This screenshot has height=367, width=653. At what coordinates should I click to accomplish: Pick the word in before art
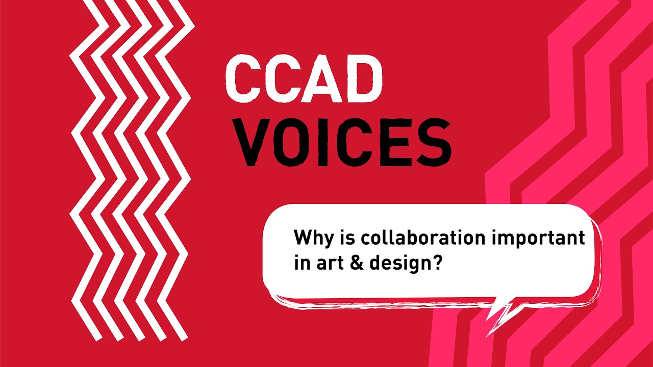pos(300,264)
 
